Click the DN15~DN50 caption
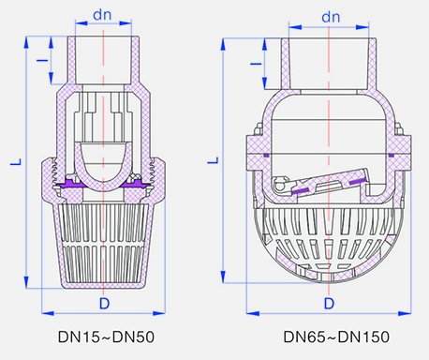click(x=106, y=337)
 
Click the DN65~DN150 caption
click(x=336, y=337)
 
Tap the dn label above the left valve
click(x=102, y=15)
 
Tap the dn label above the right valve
click(x=331, y=17)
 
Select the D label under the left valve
click(x=104, y=303)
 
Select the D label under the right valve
click(x=329, y=303)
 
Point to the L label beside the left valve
click(x=16, y=161)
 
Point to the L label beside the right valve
click(x=214, y=159)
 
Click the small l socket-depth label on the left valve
click(x=42, y=60)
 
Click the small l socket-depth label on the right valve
click(x=256, y=64)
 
